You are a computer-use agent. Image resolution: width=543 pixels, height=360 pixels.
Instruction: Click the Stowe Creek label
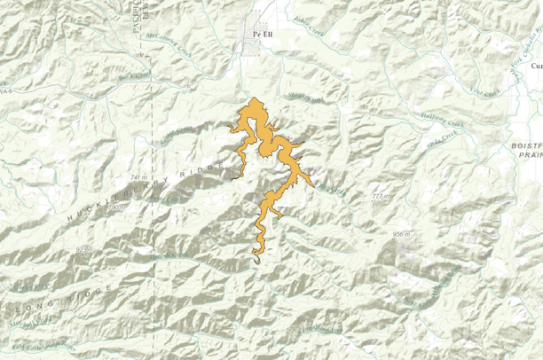click(298, 98)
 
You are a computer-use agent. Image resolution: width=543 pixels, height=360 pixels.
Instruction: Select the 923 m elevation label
click(84, 250)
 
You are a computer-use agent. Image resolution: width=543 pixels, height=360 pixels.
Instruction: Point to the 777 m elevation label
click(382, 195)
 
